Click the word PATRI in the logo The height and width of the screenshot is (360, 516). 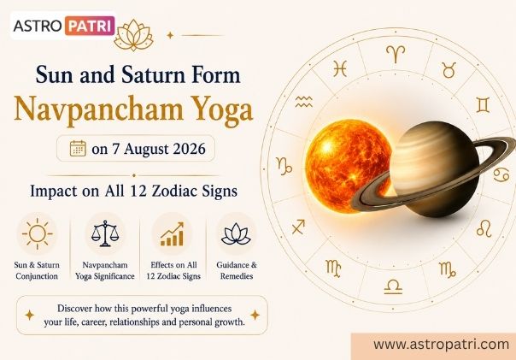(90, 26)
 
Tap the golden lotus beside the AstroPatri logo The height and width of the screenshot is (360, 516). (134, 35)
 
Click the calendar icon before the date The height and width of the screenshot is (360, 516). (78, 149)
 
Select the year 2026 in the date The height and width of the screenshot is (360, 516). (189, 149)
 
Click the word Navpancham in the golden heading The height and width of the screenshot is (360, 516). (98, 109)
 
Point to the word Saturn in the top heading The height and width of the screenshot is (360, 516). (154, 74)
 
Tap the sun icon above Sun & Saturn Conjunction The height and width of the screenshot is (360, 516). (38, 233)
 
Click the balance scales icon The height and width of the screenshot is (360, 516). (104, 233)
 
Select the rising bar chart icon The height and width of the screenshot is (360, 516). (172, 234)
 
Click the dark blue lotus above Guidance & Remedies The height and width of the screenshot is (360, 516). (236, 233)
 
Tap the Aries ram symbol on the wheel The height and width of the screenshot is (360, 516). (396, 54)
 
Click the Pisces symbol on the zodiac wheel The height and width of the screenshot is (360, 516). (340, 69)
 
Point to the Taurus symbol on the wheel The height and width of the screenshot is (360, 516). (449, 70)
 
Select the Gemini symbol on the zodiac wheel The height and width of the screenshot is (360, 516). (483, 105)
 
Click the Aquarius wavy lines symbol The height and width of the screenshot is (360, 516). (303, 102)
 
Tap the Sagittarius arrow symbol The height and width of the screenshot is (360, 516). (298, 227)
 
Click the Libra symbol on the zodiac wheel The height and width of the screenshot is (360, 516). (393, 286)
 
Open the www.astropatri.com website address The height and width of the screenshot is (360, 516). (442, 345)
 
